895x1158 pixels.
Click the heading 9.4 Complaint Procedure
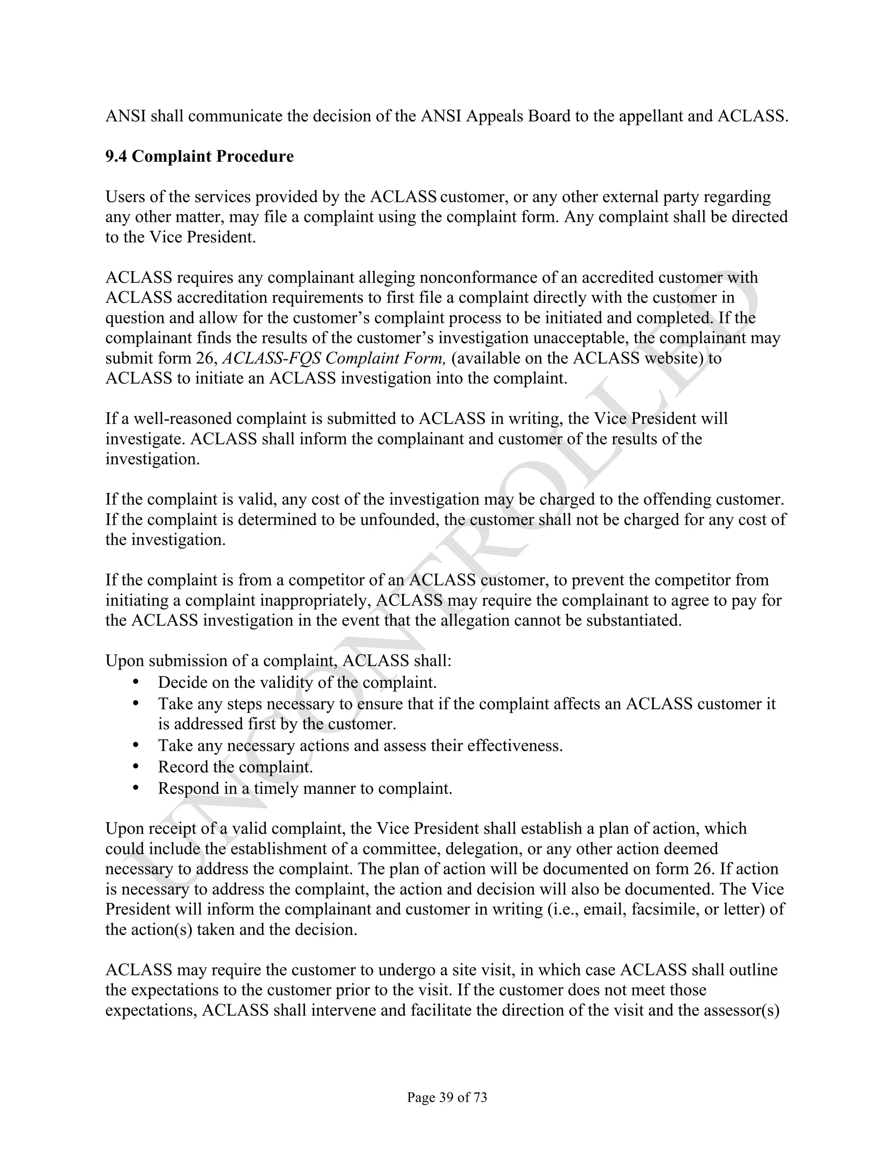click(199, 156)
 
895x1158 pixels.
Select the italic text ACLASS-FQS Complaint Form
click(333, 358)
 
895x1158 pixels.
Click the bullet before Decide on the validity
click(136, 681)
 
